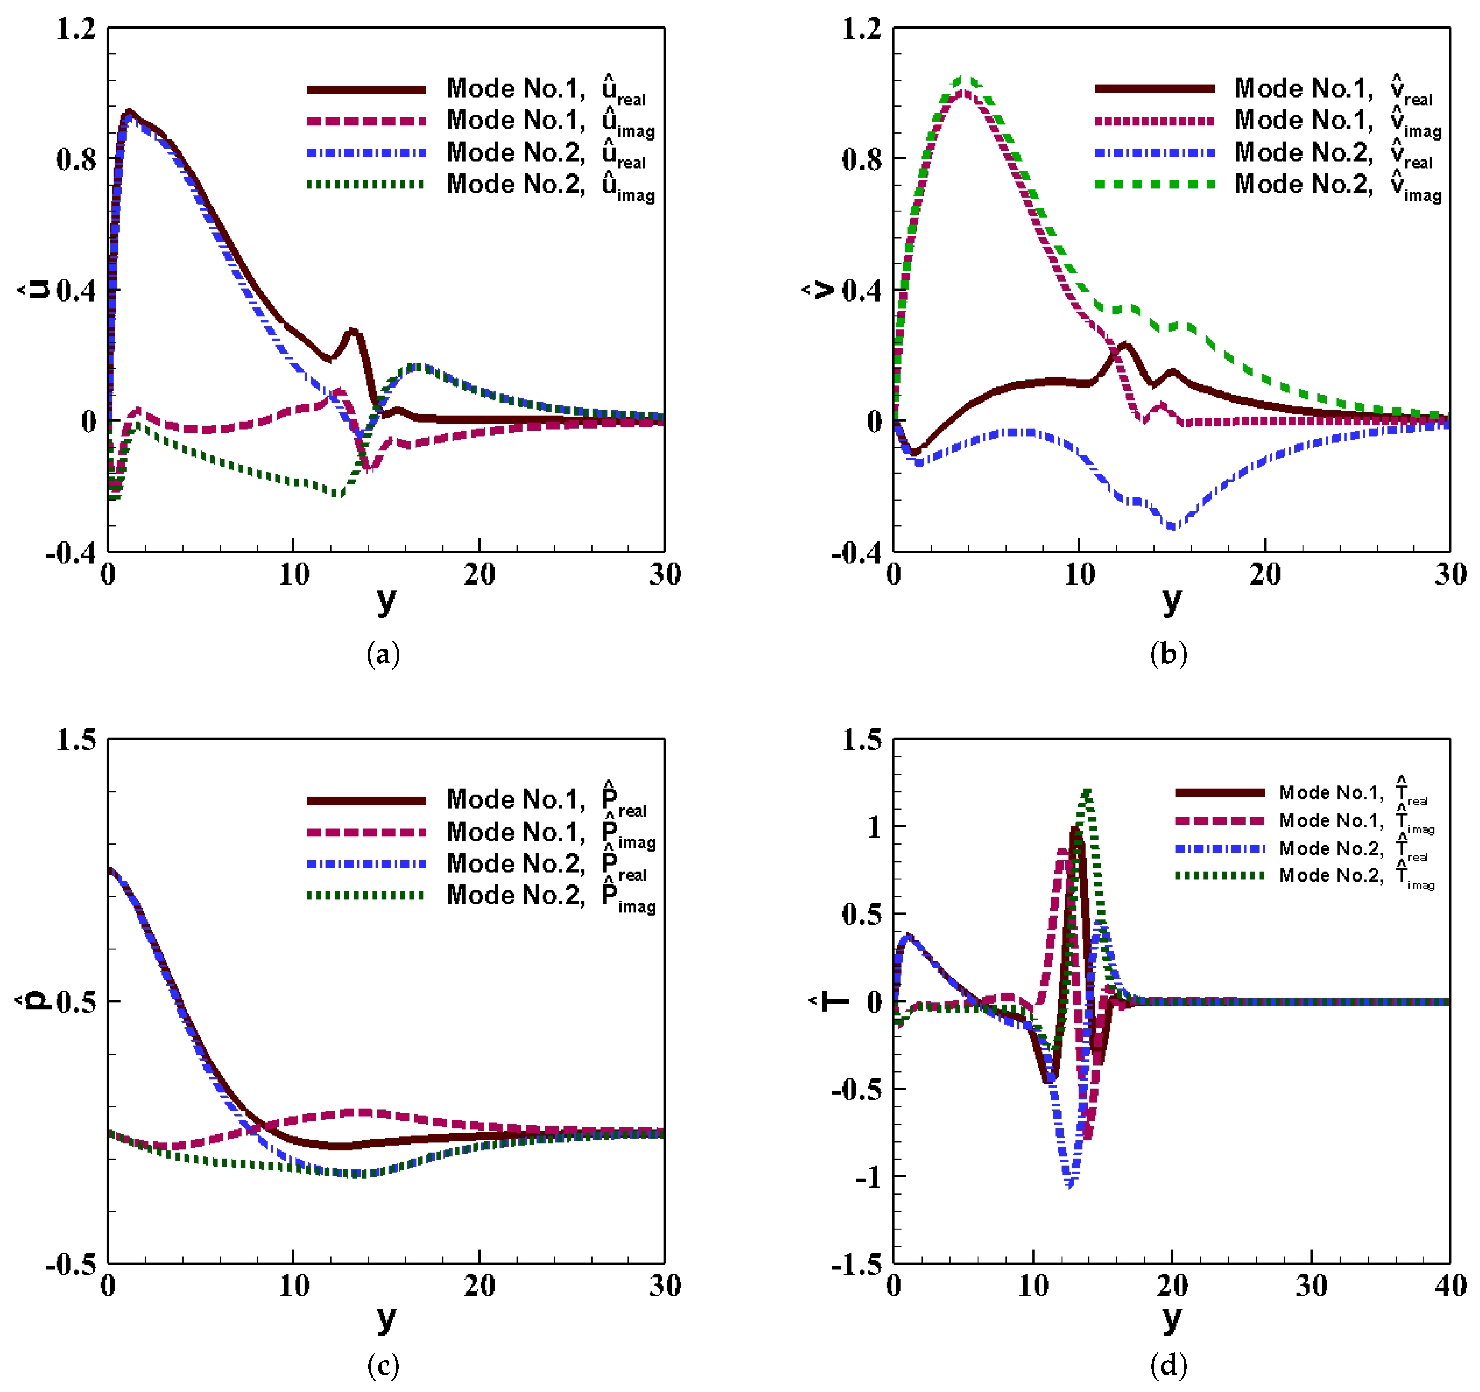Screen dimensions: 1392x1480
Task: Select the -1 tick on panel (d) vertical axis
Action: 867,1177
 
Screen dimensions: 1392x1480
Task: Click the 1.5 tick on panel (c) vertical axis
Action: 77,740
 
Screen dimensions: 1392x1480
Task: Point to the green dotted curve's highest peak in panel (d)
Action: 1088,793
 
